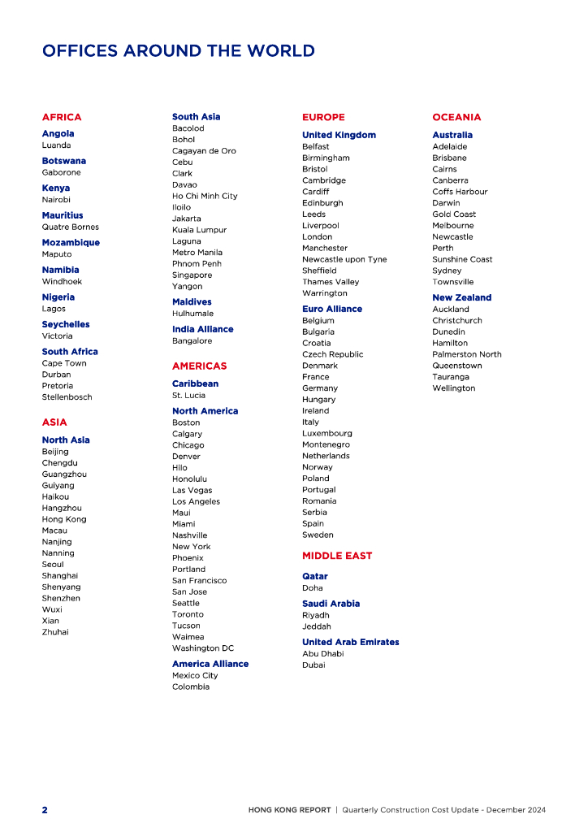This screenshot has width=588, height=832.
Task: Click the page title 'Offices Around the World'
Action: (178, 51)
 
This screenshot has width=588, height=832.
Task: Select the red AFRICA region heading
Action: (62, 117)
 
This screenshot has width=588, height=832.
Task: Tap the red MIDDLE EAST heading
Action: (337, 556)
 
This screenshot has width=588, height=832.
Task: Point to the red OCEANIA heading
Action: (456, 117)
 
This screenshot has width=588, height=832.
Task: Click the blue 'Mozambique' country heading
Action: (71, 242)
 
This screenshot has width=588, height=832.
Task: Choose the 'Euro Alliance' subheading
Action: (332, 309)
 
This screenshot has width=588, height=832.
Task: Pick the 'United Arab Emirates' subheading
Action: (350, 642)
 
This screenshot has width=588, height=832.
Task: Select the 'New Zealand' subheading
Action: (461, 297)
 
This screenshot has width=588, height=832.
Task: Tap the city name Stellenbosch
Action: (67, 397)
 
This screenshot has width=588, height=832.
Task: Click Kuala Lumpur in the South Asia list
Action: (198, 230)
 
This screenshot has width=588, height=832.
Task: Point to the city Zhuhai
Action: (55, 631)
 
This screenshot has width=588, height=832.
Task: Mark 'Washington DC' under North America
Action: (202, 648)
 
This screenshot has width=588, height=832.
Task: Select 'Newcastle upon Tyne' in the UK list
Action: (344, 259)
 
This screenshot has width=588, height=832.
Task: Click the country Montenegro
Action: (326, 444)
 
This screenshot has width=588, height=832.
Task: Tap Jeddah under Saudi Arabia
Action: (317, 626)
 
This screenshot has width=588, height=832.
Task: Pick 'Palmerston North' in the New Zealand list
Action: (467, 354)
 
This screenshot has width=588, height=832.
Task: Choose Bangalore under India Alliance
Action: (192, 340)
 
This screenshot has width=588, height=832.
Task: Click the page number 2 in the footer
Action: (45, 810)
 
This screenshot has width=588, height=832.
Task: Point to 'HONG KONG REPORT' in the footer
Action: (290, 810)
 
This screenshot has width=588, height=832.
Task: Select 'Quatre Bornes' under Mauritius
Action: (71, 227)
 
